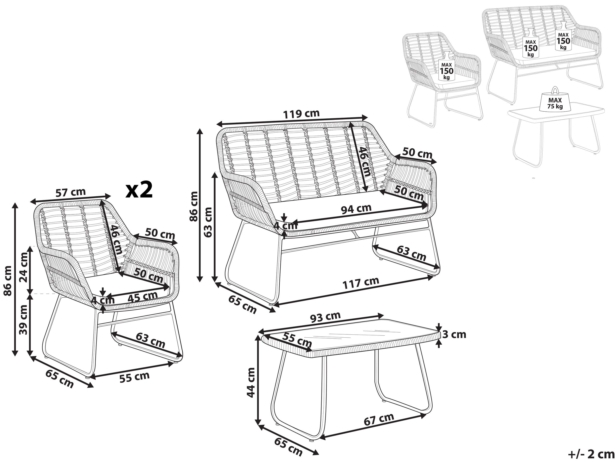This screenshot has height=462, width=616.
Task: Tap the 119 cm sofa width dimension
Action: pos(301,114)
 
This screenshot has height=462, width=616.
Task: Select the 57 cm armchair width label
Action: pos(71,193)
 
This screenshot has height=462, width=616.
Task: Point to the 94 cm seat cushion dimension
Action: pos(356,209)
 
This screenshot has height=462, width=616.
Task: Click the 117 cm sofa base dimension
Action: pos(360,283)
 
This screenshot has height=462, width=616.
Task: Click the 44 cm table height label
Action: pos(251,383)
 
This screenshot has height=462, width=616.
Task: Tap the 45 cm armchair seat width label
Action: pos(143,297)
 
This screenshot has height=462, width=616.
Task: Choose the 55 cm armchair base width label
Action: pos(135,377)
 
